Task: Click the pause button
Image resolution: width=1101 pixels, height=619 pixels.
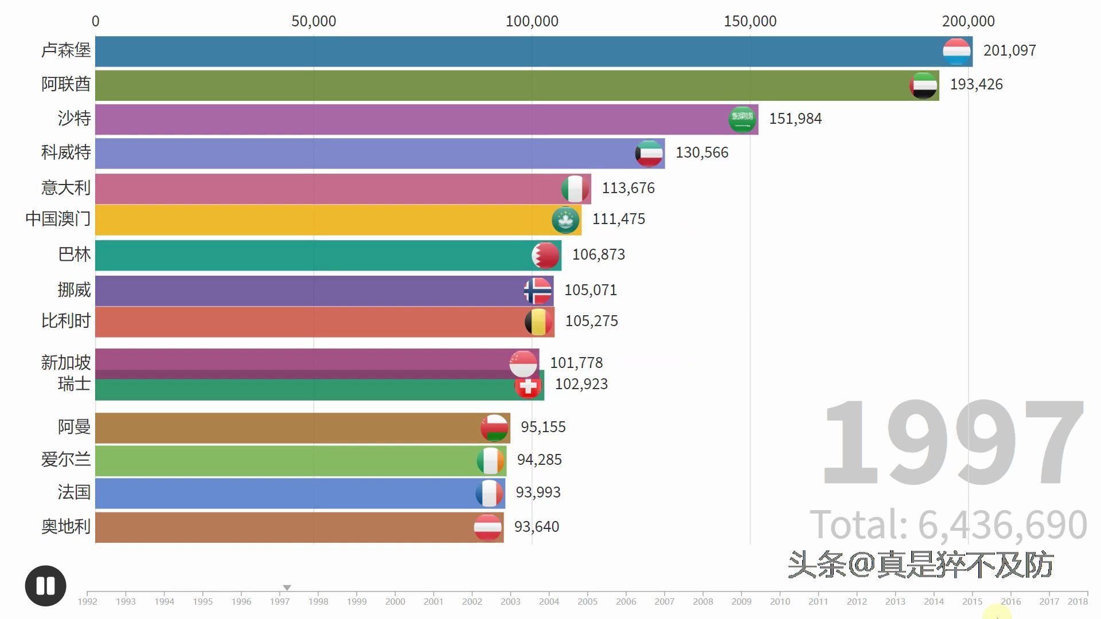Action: tap(45, 586)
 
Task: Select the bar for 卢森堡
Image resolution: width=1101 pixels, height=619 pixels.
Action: tap(516, 51)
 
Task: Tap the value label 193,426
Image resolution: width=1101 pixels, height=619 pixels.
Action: tap(976, 84)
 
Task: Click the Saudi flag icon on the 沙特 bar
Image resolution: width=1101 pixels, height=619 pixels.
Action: tap(742, 119)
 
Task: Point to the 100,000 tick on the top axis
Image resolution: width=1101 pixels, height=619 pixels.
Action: tap(532, 21)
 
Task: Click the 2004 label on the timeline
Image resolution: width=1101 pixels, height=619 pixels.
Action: tap(549, 601)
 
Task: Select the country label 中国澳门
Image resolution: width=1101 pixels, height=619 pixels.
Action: tap(58, 219)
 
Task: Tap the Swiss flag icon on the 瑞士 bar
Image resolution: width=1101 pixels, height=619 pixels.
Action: tap(528, 386)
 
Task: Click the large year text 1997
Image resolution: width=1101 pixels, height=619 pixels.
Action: tap(952, 442)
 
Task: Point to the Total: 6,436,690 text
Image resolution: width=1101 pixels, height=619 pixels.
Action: tap(948, 524)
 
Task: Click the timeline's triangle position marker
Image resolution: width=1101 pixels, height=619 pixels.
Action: tap(287, 587)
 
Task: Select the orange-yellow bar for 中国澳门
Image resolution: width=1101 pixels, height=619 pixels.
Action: tap(321, 220)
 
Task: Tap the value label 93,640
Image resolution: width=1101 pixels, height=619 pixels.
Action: tap(536, 527)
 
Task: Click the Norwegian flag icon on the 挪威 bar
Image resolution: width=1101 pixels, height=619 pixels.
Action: tap(537, 291)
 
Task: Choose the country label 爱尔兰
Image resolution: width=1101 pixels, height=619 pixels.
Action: tap(65, 460)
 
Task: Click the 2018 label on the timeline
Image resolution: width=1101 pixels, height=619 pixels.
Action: tap(1077, 601)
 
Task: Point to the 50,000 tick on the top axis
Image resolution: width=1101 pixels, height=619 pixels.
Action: tap(314, 21)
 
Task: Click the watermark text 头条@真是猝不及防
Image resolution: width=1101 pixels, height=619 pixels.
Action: tap(920, 565)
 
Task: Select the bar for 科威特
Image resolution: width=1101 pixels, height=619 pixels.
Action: tap(367, 154)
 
